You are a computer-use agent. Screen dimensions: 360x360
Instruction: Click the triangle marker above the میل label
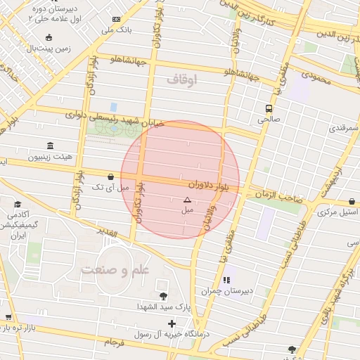pyautogui.click(x=186, y=200)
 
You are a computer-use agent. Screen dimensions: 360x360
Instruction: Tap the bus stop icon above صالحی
pyautogui.click(x=269, y=108)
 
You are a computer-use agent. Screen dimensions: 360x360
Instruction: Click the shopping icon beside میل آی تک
pyautogui.click(x=110, y=177)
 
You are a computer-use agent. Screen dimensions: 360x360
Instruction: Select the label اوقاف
pyautogui.click(x=182, y=80)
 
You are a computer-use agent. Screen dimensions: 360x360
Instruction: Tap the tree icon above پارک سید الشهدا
pyautogui.click(x=164, y=296)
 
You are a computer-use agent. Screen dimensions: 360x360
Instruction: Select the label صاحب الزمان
pyautogui.click(x=274, y=195)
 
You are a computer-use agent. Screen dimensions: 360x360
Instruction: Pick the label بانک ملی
pyautogui.click(x=117, y=30)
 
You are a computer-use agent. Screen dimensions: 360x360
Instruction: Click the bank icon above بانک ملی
pyautogui.click(x=116, y=19)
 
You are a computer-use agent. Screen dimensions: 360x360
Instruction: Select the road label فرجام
pyautogui.click(x=113, y=342)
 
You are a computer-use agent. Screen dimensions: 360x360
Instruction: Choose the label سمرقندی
pyautogui.click(x=342, y=129)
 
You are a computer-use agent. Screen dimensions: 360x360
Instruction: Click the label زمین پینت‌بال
pyautogui.click(x=47, y=49)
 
